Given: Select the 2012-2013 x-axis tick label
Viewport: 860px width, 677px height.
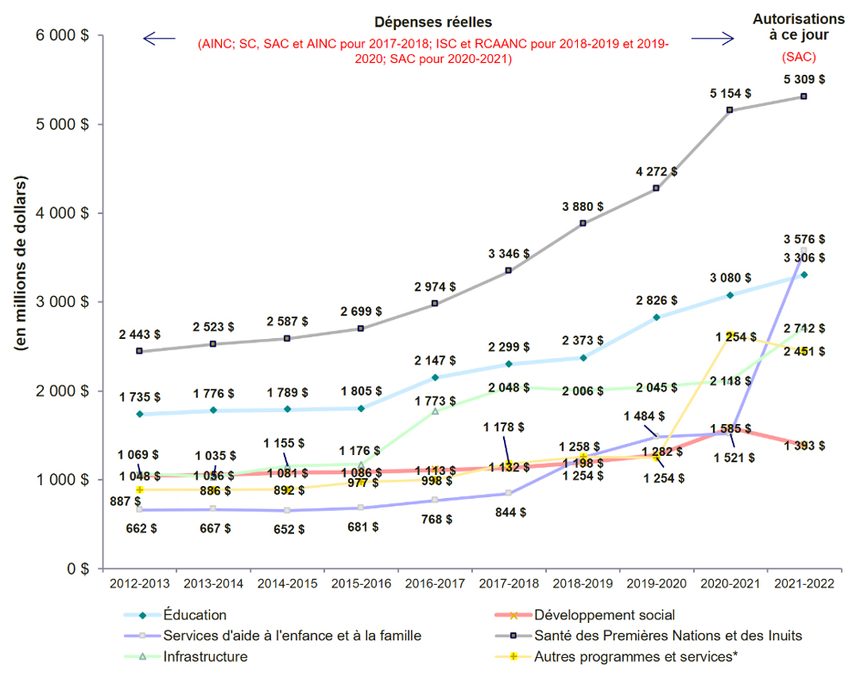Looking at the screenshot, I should (138, 582).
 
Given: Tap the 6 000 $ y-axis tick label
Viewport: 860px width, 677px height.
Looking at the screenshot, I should (62, 35).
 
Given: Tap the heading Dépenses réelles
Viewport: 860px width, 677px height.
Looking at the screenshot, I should (433, 22).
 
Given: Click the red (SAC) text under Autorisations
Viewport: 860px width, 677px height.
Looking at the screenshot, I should (798, 58).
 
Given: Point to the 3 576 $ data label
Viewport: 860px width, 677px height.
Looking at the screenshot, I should (803, 238).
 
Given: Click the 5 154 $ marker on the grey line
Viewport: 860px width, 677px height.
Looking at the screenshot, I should (729, 110).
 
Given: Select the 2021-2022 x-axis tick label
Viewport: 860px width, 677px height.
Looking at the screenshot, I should (803, 582).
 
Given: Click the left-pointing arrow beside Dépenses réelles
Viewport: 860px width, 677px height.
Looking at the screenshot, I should (159, 38).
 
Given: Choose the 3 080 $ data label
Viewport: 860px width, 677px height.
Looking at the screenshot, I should (729, 278).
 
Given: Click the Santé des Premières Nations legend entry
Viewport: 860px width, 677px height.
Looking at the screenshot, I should (668, 636).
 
